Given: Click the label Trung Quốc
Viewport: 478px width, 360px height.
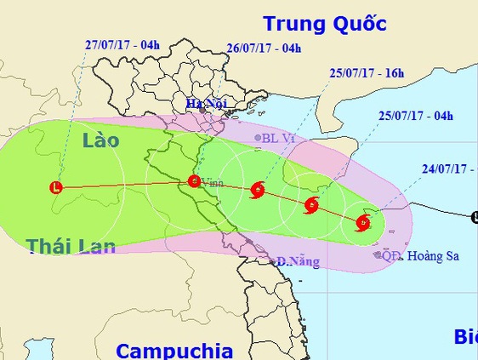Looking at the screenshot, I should [324, 23].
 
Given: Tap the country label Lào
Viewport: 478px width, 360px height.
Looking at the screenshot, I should [100, 140].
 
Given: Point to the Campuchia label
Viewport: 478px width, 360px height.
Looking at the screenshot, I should [174, 350].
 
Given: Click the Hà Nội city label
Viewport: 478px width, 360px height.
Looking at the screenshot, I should [203, 104].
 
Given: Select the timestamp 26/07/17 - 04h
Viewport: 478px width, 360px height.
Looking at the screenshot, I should [265, 49].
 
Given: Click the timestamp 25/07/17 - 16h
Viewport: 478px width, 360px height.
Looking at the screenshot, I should [366, 73].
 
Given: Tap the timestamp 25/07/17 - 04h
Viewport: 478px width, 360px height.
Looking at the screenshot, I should [416, 117].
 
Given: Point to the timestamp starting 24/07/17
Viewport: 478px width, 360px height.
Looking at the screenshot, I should [447, 169].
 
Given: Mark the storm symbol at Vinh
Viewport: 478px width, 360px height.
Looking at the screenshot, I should [193, 180].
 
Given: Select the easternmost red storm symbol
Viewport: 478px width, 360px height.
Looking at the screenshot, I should [363, 224].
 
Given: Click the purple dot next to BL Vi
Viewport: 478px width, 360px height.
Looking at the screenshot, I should [258, 137].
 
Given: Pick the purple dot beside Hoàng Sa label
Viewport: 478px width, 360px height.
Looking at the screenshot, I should [377, 254].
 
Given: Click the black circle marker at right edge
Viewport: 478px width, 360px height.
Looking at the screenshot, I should [475, 217].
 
